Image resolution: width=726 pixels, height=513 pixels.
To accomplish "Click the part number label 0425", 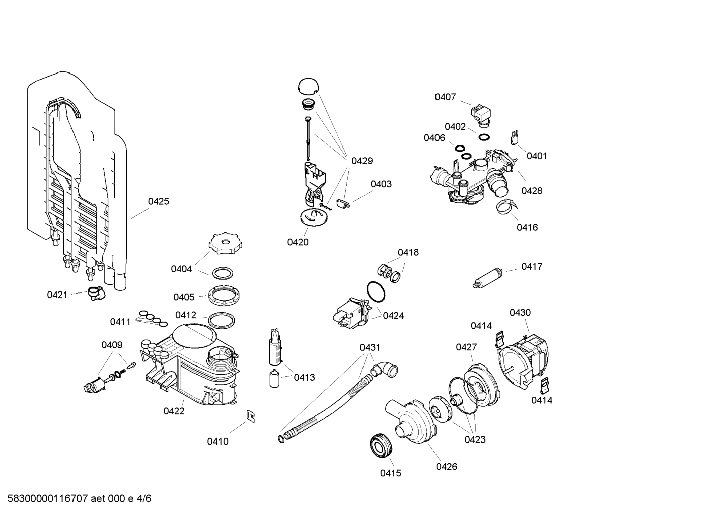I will click(x=159, y=201).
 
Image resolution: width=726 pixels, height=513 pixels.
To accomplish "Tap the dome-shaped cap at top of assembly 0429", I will click(x=308, y=86).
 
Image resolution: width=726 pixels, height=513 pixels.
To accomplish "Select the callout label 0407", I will click(x=445, y=97).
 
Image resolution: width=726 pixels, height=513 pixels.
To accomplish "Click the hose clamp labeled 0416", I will click(x=506, y=205).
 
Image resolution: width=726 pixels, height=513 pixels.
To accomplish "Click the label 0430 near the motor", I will click(x=520, y=313).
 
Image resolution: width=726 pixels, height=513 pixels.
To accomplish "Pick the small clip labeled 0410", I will click(x=250, y=416).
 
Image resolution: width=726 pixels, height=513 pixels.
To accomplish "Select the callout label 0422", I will click(x=174, y=411).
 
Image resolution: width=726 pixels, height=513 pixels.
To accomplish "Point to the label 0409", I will click(x=112, y=345).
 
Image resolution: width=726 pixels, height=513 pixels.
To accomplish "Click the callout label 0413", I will click(x=304, y=377).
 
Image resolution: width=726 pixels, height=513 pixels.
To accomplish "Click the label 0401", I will click(x=537, y=156).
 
